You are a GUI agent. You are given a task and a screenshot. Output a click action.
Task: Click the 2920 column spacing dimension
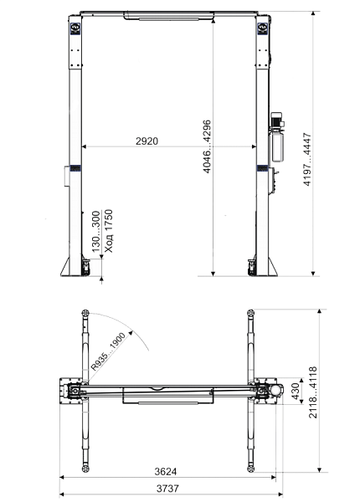pos(147,141)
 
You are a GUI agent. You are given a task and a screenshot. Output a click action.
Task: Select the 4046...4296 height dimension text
pos(208,146)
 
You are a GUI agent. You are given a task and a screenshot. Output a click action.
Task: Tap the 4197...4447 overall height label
pos(307,159)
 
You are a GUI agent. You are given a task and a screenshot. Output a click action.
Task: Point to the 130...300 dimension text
pos(96,232)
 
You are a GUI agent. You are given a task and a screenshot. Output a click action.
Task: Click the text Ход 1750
pos(109,231)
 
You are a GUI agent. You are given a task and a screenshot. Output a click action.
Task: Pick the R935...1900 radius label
pos(108,351)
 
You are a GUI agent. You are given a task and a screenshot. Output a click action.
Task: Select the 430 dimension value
pos(296,392)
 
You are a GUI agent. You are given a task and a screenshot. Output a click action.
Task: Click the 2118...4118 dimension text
pos(312,392)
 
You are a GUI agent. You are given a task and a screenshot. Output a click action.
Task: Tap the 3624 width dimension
pos(165,471)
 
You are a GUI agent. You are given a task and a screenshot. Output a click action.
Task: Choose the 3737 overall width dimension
pos(167,489)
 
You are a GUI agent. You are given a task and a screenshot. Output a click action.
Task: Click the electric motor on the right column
pos(276,120)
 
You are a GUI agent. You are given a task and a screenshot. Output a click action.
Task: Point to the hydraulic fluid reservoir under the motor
pos(277,145)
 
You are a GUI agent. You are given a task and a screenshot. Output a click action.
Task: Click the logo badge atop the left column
pos(75,28)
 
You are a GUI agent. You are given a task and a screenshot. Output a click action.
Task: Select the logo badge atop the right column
pos(263,28)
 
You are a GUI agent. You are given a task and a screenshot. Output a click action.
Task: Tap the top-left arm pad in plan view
pos(85,313)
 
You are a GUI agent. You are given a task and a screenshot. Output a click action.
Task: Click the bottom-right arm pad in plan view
pos(250,469)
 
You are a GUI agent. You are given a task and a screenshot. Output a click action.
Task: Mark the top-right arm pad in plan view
pos(250,312)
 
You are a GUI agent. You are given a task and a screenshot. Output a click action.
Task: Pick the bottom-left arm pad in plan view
pos(85,469)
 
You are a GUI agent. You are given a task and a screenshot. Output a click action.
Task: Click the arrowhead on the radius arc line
pos(131,333)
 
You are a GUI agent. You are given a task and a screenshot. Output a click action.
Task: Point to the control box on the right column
pos(271,181)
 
